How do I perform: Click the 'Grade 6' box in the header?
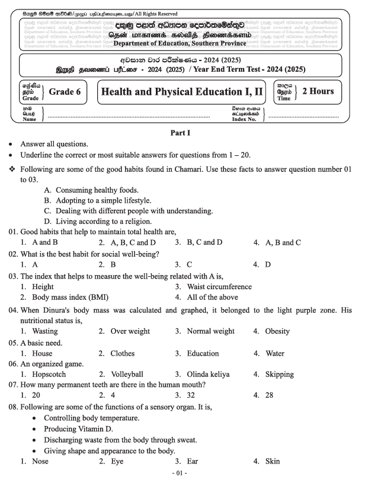coord(65,92)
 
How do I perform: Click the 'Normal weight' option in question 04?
coord(210,331)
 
